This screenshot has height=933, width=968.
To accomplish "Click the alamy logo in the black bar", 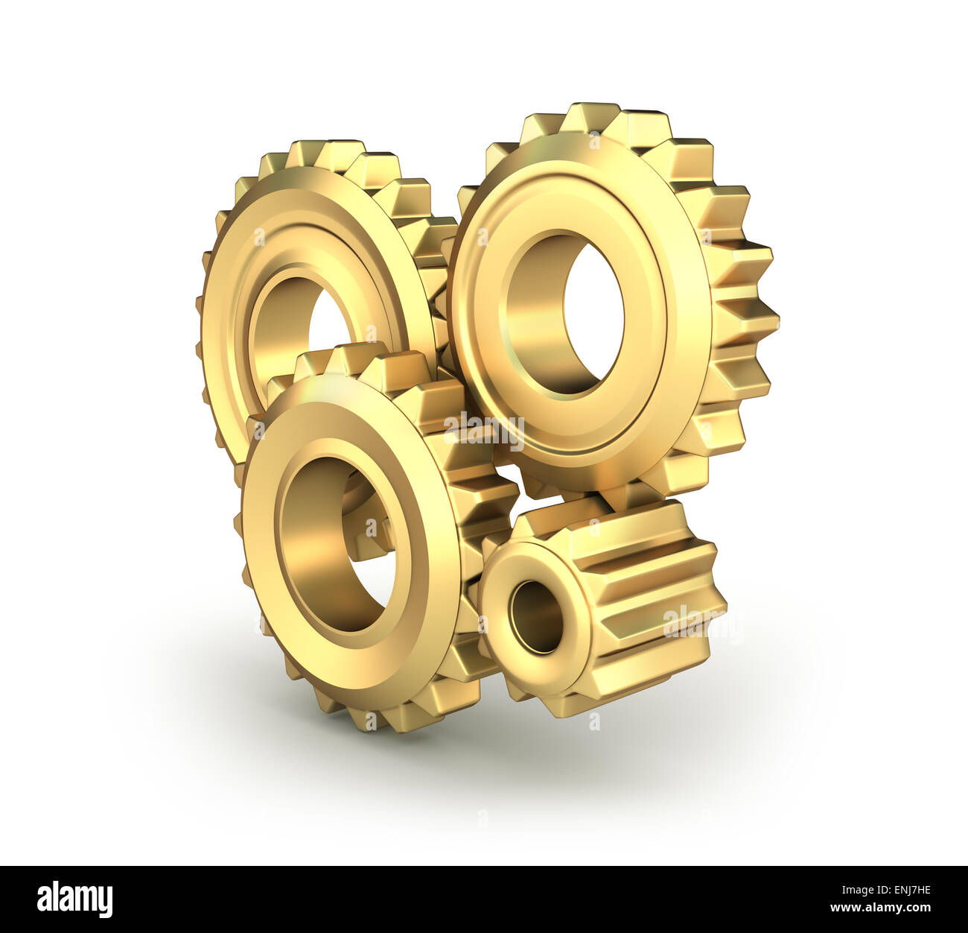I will point(74,899).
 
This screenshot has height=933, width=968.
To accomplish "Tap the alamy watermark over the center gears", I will point(483,430).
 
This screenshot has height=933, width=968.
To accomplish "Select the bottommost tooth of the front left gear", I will point(372,720).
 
